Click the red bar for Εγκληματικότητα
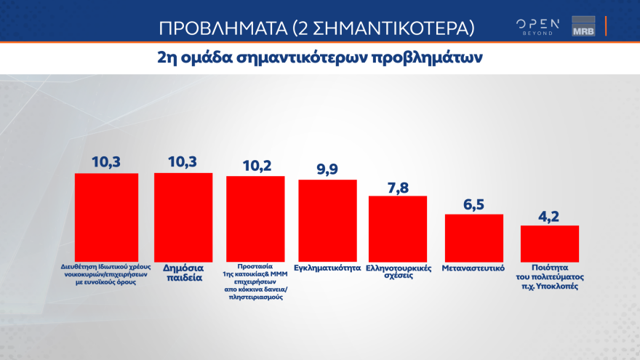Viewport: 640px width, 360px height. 327,220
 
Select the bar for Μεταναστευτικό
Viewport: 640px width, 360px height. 473,237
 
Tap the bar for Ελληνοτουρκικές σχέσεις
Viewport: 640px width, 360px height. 398,228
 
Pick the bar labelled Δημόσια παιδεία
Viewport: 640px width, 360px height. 183,217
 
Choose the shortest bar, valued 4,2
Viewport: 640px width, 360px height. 550,243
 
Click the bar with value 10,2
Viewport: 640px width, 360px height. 255,218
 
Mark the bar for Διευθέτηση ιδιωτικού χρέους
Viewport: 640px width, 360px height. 107,217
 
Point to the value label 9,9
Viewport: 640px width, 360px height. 328,168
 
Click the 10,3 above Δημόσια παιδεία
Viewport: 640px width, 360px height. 183,161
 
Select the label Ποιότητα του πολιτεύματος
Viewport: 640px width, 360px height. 550,276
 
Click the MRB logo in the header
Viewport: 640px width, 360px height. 583,26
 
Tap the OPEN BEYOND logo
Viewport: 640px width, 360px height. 538,26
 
